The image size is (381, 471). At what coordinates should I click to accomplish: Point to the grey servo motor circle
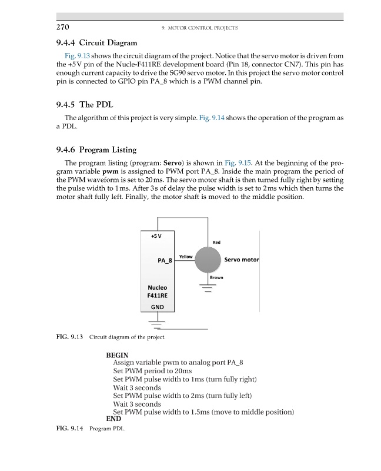pos(208,260)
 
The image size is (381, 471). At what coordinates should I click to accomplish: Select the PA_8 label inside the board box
pos(165,260)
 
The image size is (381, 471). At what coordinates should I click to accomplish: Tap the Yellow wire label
pos(185,257)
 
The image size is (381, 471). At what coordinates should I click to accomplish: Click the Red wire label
pos(216,241)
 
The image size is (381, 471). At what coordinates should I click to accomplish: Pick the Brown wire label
pos(216,277)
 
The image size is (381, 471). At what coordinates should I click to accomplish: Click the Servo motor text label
pos(242,260)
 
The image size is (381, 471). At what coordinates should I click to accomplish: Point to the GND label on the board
pos(158,307)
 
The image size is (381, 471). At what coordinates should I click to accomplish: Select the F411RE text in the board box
pos(158,297)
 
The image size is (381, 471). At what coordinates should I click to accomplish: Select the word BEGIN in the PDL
pos(117,356)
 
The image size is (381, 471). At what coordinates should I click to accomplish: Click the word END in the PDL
pos(113,419)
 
